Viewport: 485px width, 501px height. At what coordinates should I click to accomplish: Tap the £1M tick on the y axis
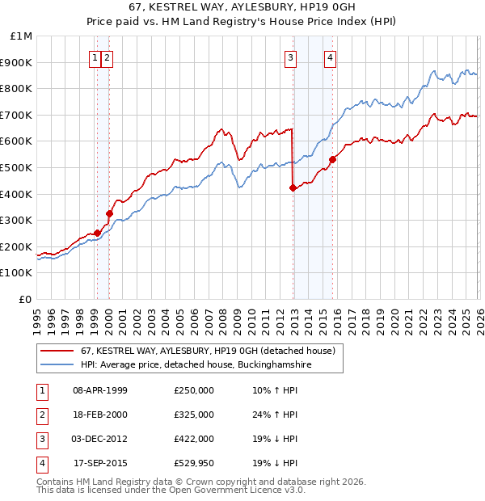click(22, 36)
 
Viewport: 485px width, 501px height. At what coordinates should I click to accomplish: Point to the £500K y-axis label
click(18, 168)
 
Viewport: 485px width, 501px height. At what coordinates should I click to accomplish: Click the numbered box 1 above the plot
click(95, 57)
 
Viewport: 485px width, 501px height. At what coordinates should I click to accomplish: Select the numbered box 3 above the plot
click(289, 57)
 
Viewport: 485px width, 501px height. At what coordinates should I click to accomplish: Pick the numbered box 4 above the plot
click(331, 57)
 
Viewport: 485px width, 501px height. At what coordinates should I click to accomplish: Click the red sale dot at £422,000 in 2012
click(293, 187)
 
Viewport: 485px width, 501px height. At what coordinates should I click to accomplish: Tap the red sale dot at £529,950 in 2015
click(332, 159)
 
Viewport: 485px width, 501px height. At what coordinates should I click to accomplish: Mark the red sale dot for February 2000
click(109, 213)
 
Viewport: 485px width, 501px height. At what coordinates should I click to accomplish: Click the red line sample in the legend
click(57, 351)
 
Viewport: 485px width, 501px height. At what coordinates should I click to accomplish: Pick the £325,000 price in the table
click(194, 415)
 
